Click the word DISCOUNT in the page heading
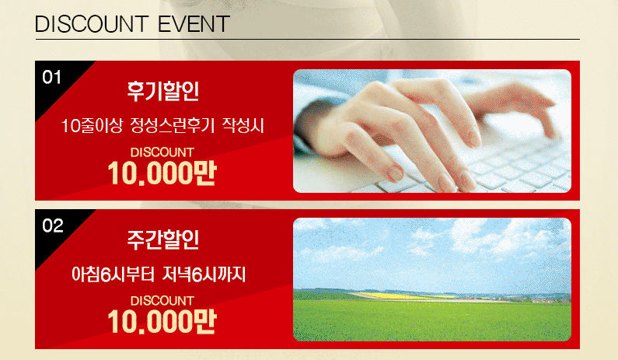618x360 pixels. [x=92, y=24]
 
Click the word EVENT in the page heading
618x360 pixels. [x=194, y=24]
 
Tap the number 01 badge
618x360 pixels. [x=51, y=77]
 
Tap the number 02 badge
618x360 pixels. [x=52, y=226]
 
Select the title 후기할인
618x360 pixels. [x=162, y=91]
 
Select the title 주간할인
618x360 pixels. [x=162, y=239]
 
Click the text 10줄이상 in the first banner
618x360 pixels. [x=92, y=126]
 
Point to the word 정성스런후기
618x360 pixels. [x=172, y=126]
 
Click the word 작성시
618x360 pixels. [x=243, y=126]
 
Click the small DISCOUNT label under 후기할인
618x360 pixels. [x=162, y=152]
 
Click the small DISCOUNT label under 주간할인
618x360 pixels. [x=162, y=301]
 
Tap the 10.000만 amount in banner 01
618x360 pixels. [x=162, y=173]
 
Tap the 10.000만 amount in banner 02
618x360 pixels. [x=162, y=322]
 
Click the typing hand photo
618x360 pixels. [x=432, y=131]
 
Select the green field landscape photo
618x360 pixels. [x=432, y=280]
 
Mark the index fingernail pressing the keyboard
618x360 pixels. [x=393, y=173]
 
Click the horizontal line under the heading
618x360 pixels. [x=307, y=39]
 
